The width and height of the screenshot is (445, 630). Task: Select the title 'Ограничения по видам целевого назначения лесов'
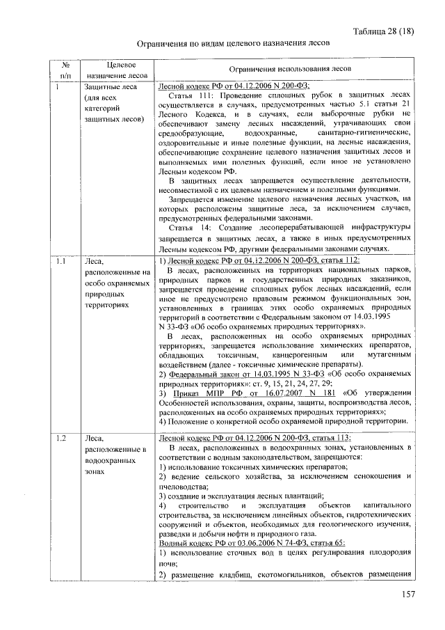232,43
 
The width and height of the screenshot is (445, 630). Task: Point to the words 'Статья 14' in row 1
190,228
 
